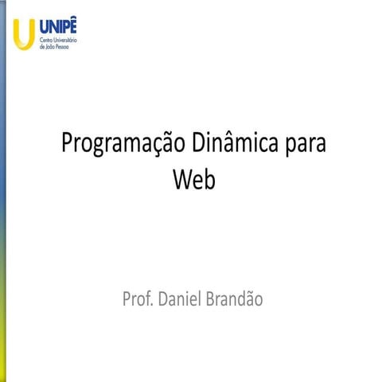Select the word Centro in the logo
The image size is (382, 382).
coord(48,38)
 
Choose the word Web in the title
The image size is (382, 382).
coord(194,180)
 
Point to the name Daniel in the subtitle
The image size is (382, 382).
coord(181,299)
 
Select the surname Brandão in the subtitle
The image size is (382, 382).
coord(235,299)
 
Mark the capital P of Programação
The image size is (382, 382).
coord(68,145)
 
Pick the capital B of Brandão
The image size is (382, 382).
coord(212,299)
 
